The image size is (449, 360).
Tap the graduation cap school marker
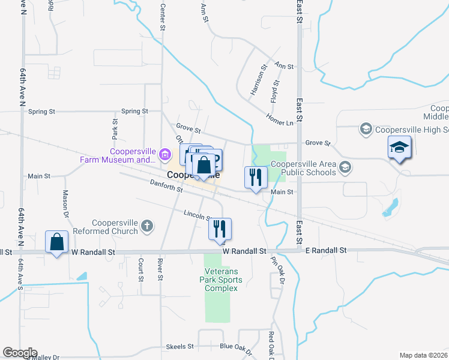tap(399, 149)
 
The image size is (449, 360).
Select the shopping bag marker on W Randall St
tap(56, 242)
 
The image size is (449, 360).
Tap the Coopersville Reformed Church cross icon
tap(148, 226)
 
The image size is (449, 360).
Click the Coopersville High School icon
tap(366, 128)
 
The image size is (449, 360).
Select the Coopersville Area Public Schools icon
tap(345, 167)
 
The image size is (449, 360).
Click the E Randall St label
tap(326, 250)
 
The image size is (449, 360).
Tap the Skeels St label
tap(179, 347)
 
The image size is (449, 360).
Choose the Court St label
tap(140, 269)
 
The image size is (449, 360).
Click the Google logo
tap(20, 353)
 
